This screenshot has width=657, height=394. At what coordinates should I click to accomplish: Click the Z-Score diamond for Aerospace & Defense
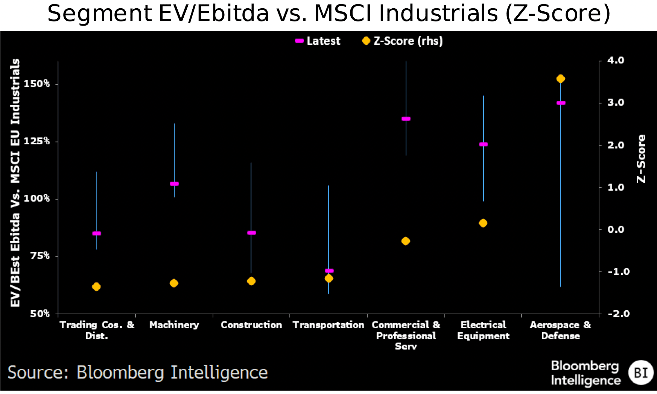(560, 79)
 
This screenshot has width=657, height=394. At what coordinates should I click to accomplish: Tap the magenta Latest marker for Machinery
(174, 183)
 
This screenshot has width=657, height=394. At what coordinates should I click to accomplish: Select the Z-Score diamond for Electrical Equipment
(483, 223)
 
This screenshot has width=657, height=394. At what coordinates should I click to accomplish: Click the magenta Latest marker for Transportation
(329, 270)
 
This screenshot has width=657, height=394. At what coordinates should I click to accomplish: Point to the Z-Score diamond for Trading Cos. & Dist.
(96, 286)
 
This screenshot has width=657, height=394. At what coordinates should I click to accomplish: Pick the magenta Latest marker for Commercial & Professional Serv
(406, 119)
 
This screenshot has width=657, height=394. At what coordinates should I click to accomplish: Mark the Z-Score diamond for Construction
(251, 281)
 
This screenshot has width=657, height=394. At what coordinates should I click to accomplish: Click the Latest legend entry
(318, 41)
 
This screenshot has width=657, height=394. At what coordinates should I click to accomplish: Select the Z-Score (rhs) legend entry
(403, 41)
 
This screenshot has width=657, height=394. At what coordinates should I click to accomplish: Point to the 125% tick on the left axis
(37, 141)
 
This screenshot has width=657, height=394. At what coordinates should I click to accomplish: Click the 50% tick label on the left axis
(40, 313)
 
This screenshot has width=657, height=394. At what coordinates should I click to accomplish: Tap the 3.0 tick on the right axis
(616, 102)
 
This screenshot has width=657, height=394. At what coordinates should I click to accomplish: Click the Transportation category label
(328, 325)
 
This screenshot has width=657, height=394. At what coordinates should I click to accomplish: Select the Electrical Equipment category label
(483, 330)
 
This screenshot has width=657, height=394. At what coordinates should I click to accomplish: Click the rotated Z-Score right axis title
(641, 159)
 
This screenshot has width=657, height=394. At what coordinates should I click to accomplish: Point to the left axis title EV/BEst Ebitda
(15, 183)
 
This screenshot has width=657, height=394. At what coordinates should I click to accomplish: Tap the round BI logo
(641, 373)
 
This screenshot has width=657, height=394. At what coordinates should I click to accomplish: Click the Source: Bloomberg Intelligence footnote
(137, 373)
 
